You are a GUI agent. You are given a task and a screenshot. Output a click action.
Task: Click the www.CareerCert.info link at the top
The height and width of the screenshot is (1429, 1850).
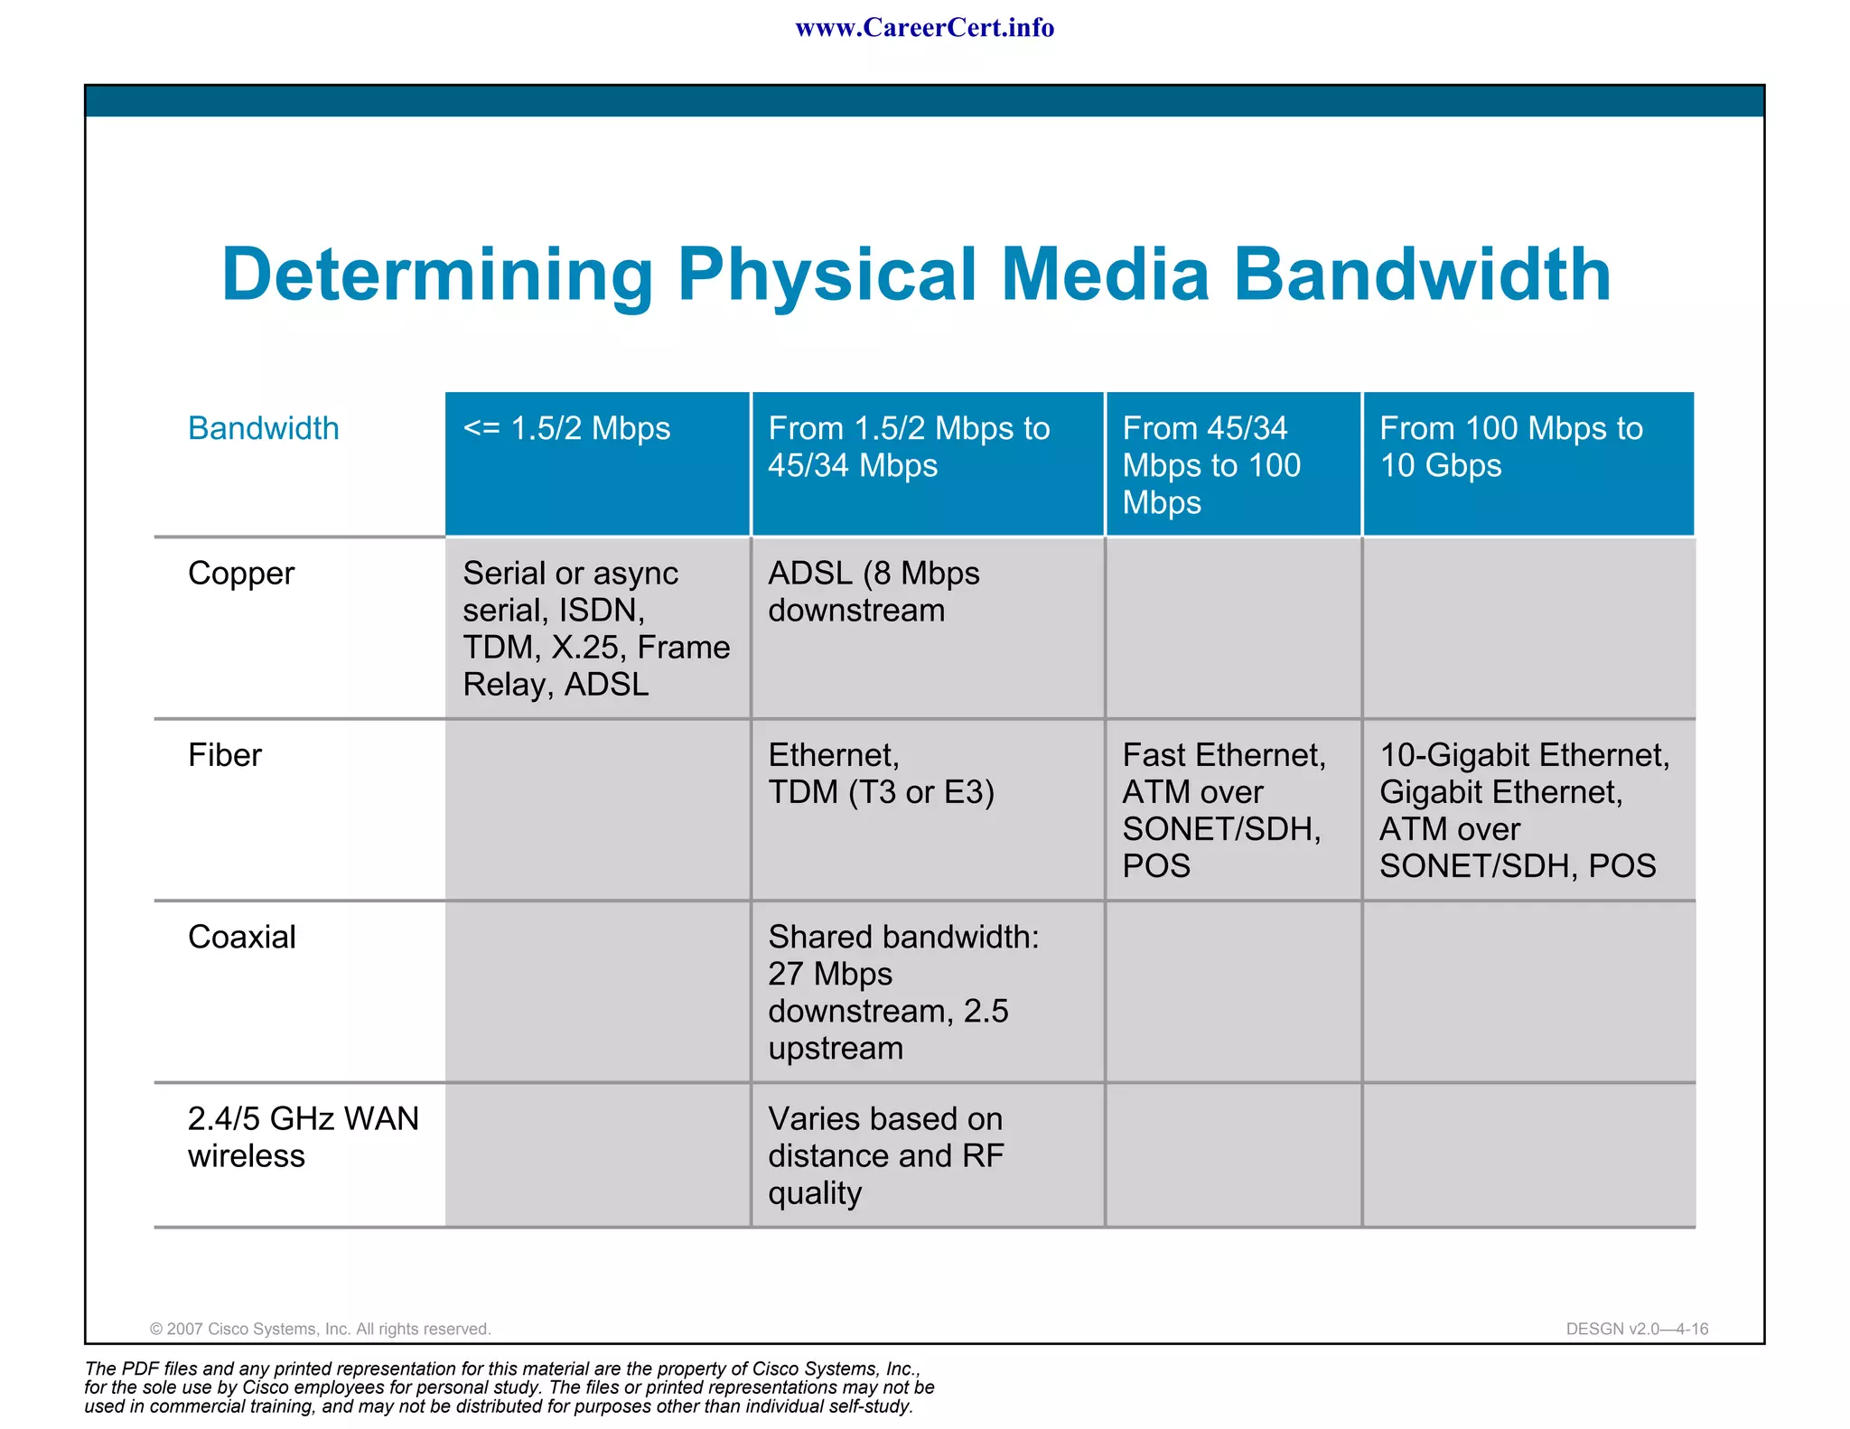(x=924, y=28)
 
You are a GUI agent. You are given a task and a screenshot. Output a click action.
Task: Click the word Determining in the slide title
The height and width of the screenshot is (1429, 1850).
(x=437, y=276)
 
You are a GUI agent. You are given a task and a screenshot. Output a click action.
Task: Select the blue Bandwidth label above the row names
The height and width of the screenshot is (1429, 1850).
(x=263, y=428)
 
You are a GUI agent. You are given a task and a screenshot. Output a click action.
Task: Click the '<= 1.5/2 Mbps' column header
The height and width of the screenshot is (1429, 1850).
(x=566, y=428)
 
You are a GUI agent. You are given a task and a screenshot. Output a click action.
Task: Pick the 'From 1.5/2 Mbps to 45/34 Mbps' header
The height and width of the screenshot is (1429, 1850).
(x=909, y=446)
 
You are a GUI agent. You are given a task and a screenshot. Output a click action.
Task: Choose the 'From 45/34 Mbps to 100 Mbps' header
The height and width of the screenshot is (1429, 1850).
(x=1211, y=464)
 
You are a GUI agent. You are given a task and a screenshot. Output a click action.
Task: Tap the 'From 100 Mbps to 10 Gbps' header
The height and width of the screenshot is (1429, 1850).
(x=1510, y=446)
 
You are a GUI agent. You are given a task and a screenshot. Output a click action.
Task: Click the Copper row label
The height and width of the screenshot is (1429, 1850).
(x=241, y=574)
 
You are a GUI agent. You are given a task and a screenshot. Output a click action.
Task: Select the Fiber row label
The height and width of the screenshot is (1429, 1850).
(x=225, y=755)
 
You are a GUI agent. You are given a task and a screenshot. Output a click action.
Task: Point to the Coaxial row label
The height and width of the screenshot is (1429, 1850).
(x=242, y=938)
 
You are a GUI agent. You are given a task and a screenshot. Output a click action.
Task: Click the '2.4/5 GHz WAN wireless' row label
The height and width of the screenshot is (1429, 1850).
(x=303, y=1137)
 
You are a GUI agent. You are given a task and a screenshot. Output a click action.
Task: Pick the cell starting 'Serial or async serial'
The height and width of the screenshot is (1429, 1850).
(x=596, y=629)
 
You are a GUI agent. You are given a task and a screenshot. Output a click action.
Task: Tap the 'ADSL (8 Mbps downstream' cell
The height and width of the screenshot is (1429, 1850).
(x=874, y=592)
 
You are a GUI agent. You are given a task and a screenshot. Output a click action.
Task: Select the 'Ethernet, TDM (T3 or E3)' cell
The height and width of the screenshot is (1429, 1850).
(x=881, y=773)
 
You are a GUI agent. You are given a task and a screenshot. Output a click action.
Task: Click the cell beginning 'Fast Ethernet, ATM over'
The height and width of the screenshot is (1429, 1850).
(x=1224, y=810)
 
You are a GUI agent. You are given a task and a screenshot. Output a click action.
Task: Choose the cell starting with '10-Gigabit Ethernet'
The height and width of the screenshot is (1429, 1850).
(x=1525, y=810)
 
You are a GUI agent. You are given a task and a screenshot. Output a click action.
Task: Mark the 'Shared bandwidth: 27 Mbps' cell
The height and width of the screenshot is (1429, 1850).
(x=903, y=992)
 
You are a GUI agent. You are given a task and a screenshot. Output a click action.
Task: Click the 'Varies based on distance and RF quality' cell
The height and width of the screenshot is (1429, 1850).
(x=885, y=1155)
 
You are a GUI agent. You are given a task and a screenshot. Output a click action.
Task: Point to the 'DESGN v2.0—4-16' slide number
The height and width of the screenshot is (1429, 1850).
(x=1637, y=1329)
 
